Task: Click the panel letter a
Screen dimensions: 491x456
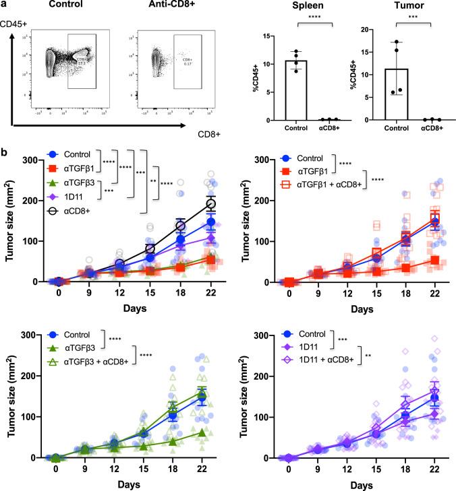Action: coord(5,5)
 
